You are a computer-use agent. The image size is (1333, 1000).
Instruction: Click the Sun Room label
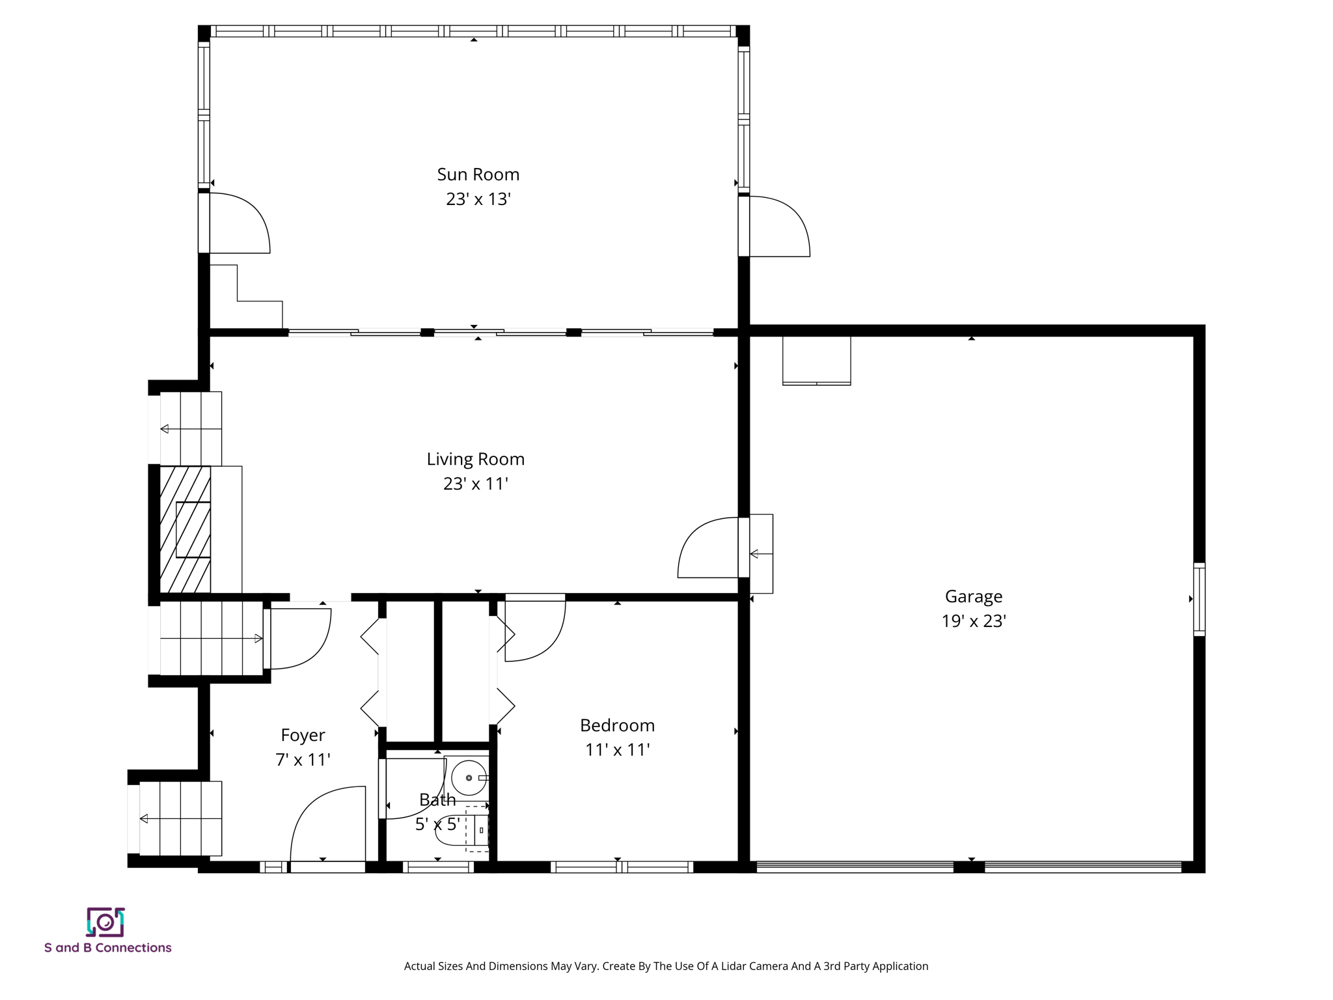coord(478,174)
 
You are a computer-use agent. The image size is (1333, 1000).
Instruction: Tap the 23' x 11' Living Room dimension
coord(475,484)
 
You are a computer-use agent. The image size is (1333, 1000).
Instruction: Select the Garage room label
coord(973,596)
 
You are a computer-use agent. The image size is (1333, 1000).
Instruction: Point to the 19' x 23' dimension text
coord(973,621)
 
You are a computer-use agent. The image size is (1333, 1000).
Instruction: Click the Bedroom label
coord(616,725)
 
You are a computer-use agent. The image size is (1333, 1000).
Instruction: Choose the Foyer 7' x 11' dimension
coord(303,760)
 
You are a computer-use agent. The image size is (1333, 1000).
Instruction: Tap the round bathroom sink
coord(469,778)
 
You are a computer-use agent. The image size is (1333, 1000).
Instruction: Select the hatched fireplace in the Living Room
coord(185,529)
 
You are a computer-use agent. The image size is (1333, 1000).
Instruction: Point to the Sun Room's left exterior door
coord(238,223)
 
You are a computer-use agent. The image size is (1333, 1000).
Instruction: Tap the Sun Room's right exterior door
coord(778,227)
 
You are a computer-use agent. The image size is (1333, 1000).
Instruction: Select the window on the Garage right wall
coord(1198,599)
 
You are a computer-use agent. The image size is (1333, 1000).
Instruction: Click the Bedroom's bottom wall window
coord(622,867)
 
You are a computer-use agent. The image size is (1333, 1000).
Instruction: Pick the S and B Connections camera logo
coord(105,922)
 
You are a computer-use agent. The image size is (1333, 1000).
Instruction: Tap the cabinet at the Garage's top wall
coord(816,360)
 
